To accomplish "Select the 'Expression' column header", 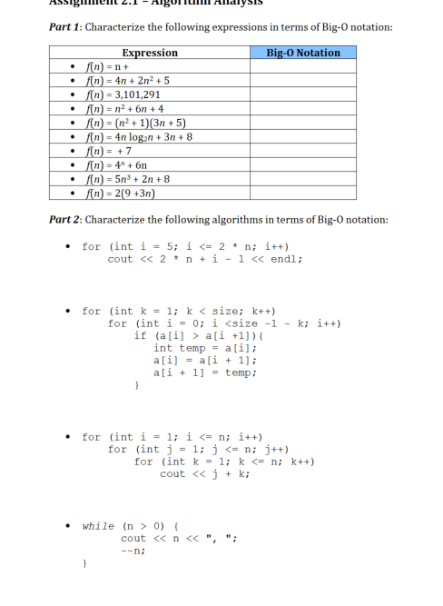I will (x=150, y=53).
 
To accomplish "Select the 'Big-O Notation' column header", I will (x=303, y=53).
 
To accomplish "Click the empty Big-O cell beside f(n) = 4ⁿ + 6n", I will (x=303, y=165).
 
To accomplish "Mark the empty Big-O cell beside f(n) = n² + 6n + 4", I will (x=303, y=108).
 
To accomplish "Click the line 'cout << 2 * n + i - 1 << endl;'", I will (x=205, y=259).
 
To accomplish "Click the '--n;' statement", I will (x=133, y=550).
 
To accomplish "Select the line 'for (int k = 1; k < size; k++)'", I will (x=180, y=311).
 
